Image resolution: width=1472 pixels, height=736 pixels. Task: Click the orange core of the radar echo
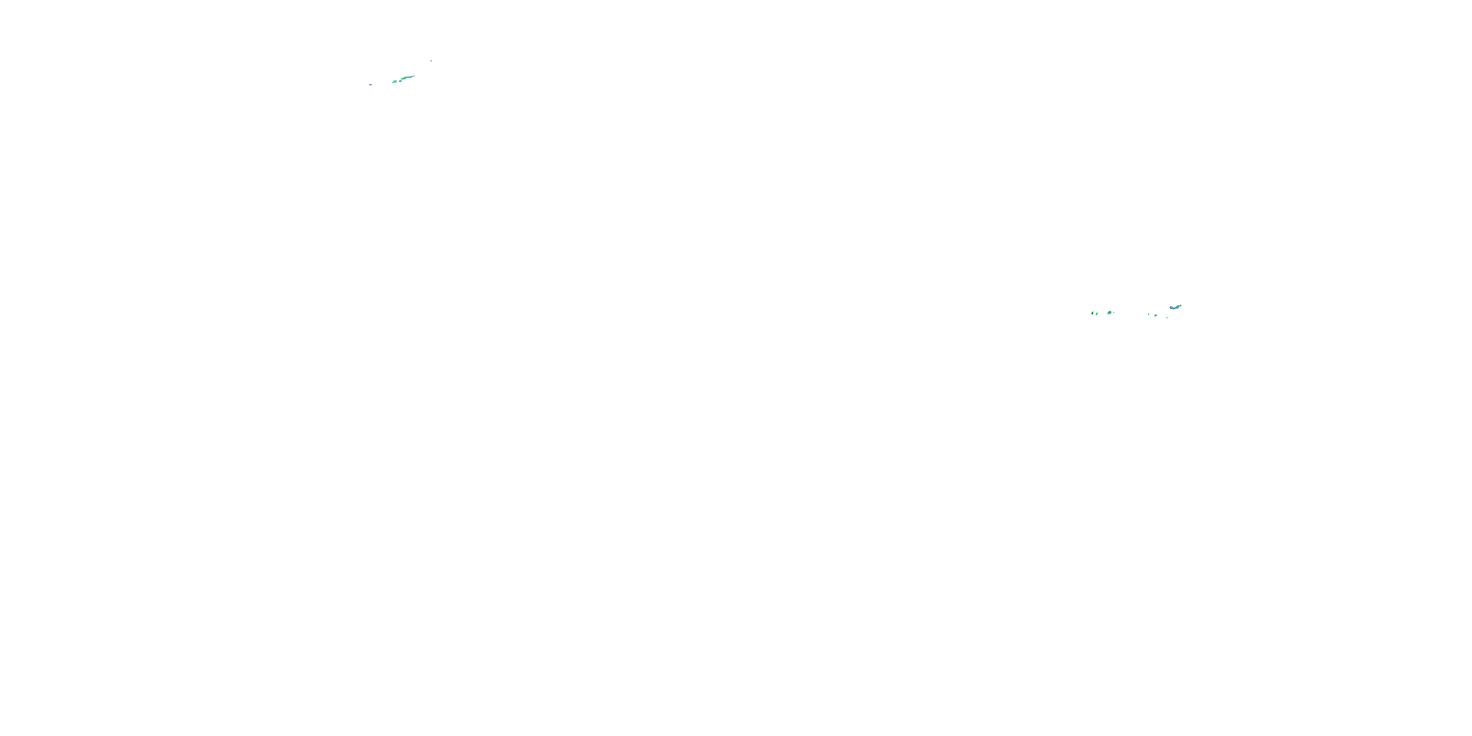[1110, 313]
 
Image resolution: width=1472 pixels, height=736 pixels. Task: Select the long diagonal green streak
[407, 78]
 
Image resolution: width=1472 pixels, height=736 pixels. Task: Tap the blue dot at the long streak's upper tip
[414, 77]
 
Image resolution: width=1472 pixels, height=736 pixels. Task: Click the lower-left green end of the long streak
[402, 79]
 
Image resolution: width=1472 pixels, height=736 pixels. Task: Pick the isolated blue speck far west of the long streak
[371, 85]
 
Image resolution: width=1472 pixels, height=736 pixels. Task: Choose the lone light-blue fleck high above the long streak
[431, 61]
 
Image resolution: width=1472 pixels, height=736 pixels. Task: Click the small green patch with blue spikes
[400, 81]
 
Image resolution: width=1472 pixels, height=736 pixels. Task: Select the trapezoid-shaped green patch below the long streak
[395, 82]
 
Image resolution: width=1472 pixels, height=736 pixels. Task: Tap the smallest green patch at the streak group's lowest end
[393, 83]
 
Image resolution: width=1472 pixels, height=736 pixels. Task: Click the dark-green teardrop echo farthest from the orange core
[1093, 314]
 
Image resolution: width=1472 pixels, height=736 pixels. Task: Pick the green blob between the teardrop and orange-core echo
[1097, 315]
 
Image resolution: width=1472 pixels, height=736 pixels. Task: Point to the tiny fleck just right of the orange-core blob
[1114, 313]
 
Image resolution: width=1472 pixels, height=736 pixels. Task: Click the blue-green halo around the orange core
[1108, 314]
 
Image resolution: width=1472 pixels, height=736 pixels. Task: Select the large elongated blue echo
[1176, 308]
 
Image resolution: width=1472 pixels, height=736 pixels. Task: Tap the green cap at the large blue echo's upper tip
[1181, 306]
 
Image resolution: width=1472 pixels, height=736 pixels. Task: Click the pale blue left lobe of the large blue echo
[1171, 308]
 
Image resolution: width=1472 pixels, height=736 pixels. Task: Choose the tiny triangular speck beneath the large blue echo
[1167, 318]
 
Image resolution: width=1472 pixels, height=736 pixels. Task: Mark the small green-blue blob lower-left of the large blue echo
[1156, 315]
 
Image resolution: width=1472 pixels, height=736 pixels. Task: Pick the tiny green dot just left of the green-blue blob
[1149, 315]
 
